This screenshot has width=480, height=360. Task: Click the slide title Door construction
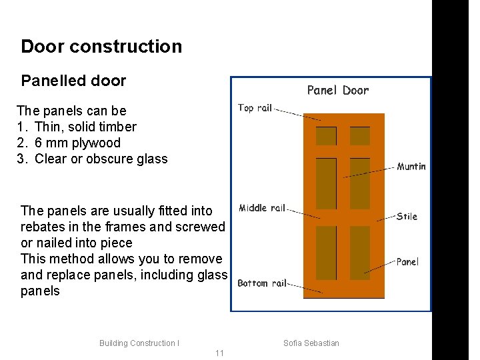click(101, 47)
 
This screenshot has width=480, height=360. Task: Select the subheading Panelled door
click(73, 81)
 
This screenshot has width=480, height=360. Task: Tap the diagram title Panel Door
click(337, 90)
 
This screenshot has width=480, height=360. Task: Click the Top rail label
click(255, 107)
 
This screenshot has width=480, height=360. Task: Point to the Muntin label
click(411, 167)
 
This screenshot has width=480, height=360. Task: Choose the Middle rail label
click(261, 208)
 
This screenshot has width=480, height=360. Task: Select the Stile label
click(407, 216)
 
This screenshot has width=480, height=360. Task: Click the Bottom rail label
click(261, 283)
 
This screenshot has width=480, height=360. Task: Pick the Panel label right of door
click(407, 262)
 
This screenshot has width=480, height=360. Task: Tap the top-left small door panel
click(326, 136)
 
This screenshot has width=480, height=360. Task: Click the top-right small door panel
click(360, 136)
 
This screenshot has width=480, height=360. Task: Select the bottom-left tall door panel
click(326, 253)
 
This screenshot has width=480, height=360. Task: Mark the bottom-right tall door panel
click(360, 253)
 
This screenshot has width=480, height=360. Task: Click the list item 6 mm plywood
click(77, 143)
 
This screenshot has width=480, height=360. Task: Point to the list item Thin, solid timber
click(85, 127)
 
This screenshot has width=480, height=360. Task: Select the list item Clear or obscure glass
click(101, 159)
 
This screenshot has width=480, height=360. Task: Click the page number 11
click(219, 353)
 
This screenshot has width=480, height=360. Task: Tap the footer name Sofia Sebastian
click(311, 343)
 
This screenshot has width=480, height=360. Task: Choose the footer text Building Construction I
click(139, 343)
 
